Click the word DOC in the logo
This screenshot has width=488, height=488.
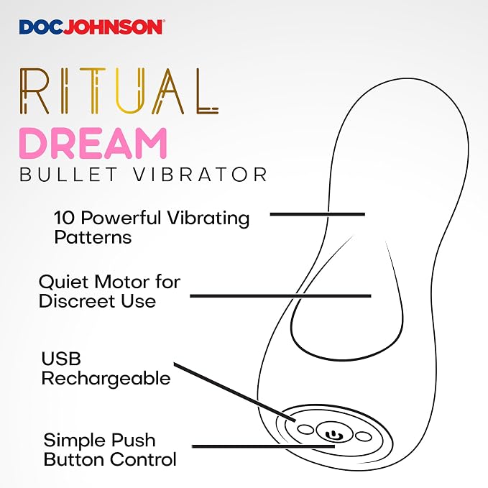[42, 27]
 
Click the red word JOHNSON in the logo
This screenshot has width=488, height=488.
[114, 27]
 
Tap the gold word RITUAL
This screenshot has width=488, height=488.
[119, 91]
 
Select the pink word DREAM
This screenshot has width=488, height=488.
[93, 143]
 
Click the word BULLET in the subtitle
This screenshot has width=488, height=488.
[68, 174]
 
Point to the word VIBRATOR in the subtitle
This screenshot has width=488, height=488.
[201, 174]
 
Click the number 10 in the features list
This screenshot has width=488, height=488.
[65, 218]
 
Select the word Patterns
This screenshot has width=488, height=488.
[93, 237]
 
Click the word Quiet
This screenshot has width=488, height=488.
[64, 282]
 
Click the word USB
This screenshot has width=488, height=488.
[61, 359]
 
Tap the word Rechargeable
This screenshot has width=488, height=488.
[106, 379]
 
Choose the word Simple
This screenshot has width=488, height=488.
[74, 441]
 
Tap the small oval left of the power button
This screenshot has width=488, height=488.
[305, 430]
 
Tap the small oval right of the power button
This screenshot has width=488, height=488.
[363, 436]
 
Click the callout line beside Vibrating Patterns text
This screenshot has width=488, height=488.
[318, 214]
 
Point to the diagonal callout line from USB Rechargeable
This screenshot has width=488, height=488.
[235, 392]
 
